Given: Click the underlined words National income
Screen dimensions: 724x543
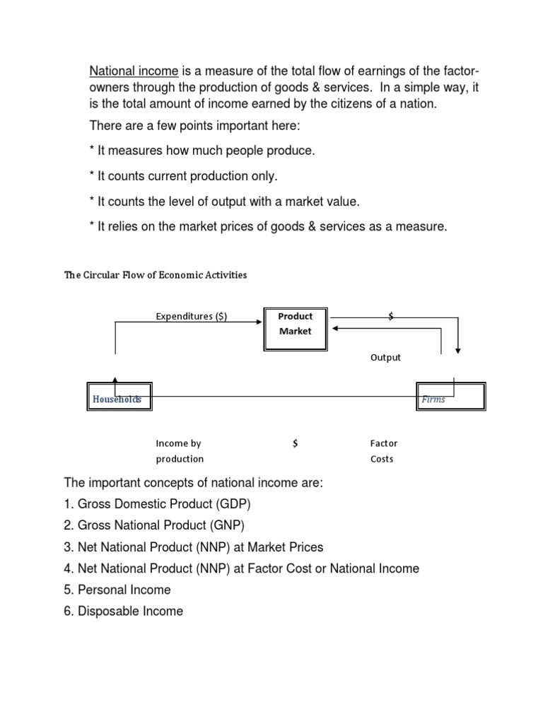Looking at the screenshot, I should click(134, 71).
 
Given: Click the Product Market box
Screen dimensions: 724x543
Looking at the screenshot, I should click(295, 328).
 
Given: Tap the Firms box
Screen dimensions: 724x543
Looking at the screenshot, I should click(450, 398).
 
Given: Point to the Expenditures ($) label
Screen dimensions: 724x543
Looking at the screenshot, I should click(191, 316).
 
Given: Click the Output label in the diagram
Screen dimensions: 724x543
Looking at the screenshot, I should click(385, 357).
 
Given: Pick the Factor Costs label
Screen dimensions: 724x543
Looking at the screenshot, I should click(383, 451).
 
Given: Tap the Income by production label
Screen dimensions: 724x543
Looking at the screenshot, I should click(180, 451).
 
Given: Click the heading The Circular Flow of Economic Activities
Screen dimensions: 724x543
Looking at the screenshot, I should click(156, 274).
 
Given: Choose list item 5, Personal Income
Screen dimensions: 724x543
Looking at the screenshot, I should click(117, 590).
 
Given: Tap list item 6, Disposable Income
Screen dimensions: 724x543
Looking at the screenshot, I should click(124, 611).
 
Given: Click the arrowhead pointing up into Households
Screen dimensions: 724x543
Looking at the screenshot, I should click(115, 380).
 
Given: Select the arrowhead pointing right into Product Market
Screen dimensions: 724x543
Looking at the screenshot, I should click(259, 322).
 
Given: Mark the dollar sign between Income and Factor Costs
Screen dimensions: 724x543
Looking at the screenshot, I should click(295, 443).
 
